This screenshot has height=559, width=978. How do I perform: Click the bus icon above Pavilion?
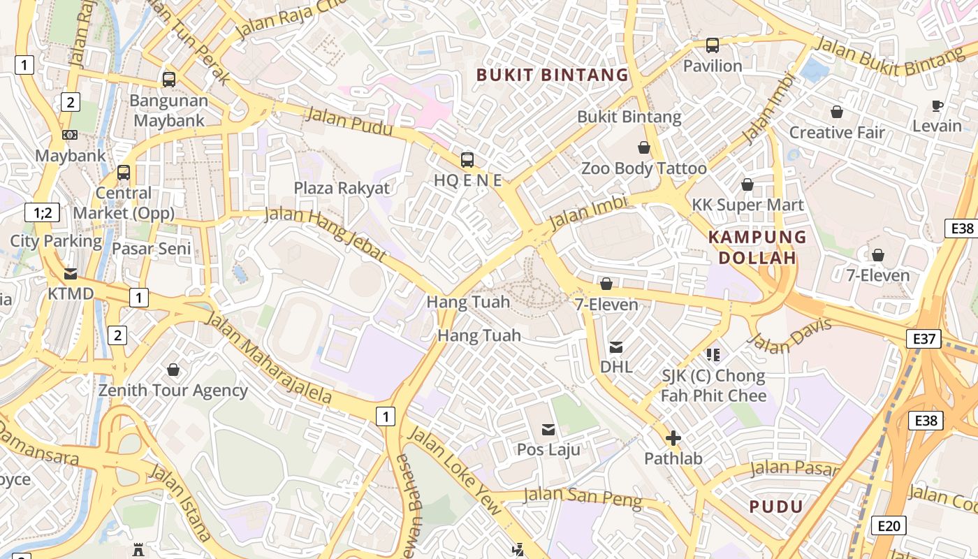pyautogui.click(x=712, y=45)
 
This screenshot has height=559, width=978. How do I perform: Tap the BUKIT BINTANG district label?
pyautogui.click(x=552, y=75)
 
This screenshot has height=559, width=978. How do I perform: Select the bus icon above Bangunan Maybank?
pyautogui.click(x=169, y=80)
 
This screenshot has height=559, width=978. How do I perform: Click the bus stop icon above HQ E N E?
pyautogui.click(x=467, y=159)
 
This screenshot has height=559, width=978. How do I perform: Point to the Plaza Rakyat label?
pyautogui.click(x=342, y=188)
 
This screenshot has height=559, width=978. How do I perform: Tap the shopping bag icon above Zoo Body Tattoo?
pyautogui.click(x=644, y=147)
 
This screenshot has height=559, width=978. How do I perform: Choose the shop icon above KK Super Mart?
pyautogui.click(x=747, y=184)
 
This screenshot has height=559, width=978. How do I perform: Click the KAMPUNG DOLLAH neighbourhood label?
pyautogui.click(x=757, y=247)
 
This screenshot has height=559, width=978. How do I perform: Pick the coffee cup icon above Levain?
pyautogui.click(x=937, y=106)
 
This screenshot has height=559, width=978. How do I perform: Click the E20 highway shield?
pyautogui.click(x=889, y=526)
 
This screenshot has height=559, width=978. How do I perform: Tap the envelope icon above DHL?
pyautogui.click(x=616, y=347)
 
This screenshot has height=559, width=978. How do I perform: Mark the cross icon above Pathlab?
pyautogui.click(x=673, y=438)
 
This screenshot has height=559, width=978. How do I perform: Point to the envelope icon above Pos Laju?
pyautogui.click(x=548, y=429)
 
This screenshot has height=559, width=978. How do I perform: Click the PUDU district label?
pyautogui.click(x=776, y=507)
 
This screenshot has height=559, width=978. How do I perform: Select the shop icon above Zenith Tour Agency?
pyautogui.click(x=173, y=369)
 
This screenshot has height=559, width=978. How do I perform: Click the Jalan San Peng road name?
pyautogui.click(x=582, y=498)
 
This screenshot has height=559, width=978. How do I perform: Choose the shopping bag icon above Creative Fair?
pyautogui.click(x=836, y=112)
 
